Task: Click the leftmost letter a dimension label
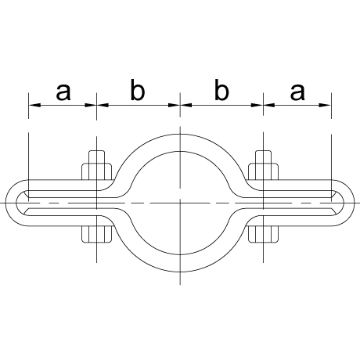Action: pyautogui.click(x=63, y=92)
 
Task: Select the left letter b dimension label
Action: pyautogui.click(x=138, y=90)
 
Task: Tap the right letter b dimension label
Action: pyautogui.click(x=221, y=90)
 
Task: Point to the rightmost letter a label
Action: pyautogui.click(x=297, y=92)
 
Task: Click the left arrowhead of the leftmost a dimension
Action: pyautogui.click(x=34, y=105)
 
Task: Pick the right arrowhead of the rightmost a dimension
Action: pyautogui.click(x=325, y=105)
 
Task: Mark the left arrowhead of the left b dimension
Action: pyautogui.click(x=103, y=105)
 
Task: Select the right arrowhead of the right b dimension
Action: pyautogui.click(x=257, y=105)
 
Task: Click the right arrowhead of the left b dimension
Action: pyautogui.click(x=174, y=105)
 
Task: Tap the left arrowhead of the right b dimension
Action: pyautogui.click(x=186, y=105)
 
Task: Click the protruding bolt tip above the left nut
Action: pyautogui.click(x=97, y=157)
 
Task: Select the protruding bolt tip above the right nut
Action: pyautogui.click(x=264, y=157)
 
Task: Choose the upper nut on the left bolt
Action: pyautogui.click(x=97, y=171)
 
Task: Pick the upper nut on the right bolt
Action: pyautogui.click(x=264, y=171)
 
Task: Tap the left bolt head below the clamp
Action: pyautogui.click(x=97, y=234)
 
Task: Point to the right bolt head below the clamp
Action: pyautogui.click(x=264, y=234)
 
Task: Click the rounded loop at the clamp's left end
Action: pyautogui.click(x=11, y=203)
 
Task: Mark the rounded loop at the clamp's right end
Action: pyautogui.click(x=349, y=203)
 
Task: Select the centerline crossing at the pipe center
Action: pyautogui.click(x=180, y=203)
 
